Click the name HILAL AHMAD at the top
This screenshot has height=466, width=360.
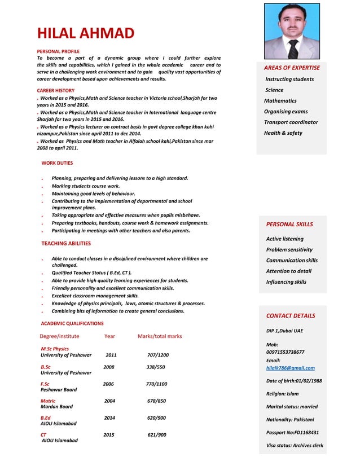(85, 33)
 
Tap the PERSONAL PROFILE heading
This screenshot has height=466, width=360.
(58, 51)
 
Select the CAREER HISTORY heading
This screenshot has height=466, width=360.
(55, 90)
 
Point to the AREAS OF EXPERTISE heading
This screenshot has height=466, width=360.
(292, 68)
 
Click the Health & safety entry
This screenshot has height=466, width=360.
(283, 133)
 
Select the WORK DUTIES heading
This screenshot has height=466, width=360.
(57, 163)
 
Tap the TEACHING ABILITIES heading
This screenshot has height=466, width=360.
(66, 244)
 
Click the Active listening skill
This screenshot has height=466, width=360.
(284, 239)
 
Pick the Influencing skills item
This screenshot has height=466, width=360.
(286, 282)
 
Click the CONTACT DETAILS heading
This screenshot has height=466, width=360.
(291, 316)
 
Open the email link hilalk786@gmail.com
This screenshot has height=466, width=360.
(291, 368)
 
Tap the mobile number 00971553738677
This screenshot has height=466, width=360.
(285, 352)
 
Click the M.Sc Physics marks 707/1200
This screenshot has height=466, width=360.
(157, 355)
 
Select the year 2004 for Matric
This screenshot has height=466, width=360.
(109, 401)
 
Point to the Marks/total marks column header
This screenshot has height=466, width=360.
(160, 336)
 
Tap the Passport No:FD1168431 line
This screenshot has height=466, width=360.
(292, 433)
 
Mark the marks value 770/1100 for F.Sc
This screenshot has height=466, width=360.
(156, 384)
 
